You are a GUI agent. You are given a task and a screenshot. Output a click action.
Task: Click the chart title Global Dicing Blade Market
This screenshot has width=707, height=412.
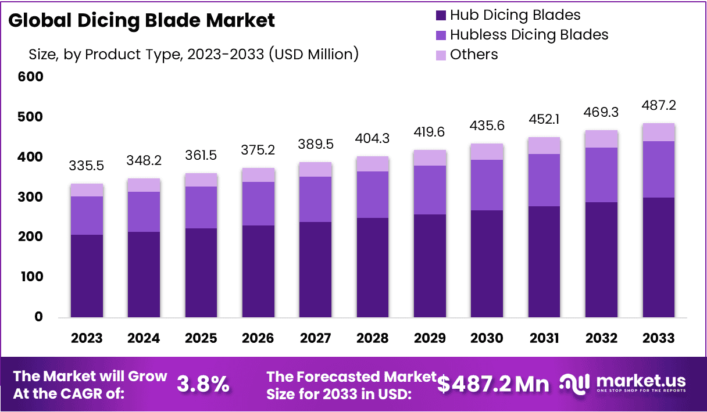142,21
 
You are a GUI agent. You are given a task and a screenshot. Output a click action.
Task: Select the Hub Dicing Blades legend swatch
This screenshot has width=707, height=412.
440,15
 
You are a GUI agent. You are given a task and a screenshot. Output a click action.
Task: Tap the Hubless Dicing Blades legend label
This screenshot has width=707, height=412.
529,35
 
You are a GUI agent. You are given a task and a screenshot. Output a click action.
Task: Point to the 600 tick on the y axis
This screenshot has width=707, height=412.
31,76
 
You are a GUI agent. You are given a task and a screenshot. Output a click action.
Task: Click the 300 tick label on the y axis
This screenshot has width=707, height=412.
31,197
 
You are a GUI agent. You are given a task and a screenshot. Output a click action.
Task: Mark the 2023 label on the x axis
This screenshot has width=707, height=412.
87,338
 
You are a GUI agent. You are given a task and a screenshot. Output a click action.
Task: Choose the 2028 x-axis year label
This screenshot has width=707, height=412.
373,338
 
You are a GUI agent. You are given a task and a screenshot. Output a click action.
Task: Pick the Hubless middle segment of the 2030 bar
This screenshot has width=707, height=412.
487,185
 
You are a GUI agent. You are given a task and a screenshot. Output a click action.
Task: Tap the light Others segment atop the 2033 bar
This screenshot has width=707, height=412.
659,132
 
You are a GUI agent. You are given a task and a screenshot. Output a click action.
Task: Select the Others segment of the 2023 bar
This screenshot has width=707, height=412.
87,190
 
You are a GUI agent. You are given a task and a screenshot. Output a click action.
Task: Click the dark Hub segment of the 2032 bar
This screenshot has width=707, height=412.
602,259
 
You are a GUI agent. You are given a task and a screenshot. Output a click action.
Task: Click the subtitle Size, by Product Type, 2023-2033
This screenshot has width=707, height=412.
194,55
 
